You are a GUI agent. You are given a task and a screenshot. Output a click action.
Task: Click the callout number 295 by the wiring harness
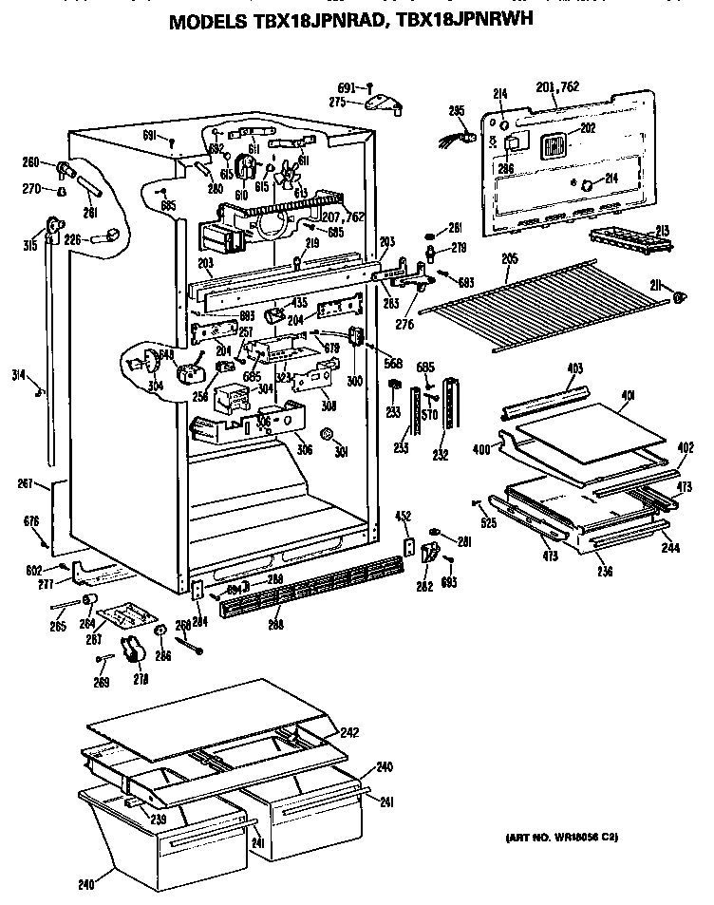click(456, 111)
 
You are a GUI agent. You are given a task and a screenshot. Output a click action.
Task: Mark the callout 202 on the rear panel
click(588, 128)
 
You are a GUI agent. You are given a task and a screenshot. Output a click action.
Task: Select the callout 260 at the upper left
click(32, 160)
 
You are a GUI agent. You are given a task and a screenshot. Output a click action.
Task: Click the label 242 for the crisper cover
click(350, 731)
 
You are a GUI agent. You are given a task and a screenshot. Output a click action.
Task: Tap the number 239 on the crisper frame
click(158, 820)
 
